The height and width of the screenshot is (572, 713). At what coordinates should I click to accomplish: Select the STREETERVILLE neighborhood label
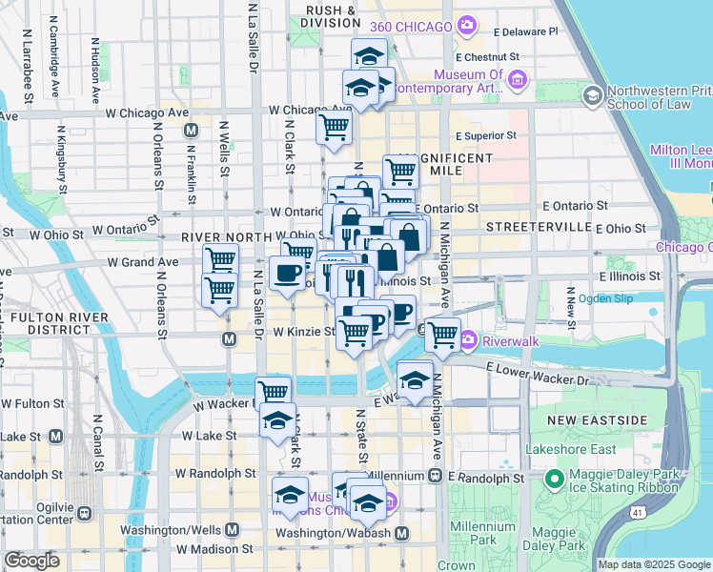pyautogui.click(x=534, y=227)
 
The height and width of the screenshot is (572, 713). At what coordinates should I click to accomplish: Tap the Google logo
pyautogui.click(x=31, y=561)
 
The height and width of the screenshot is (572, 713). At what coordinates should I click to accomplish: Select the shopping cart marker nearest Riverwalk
pyautogui.click(x=442, y=335)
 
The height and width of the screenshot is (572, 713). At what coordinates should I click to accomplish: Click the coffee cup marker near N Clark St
pyautogui.click(x=287, y=275)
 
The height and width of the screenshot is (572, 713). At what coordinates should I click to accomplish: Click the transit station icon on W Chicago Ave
pyautogui.click(x=192, y=130)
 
